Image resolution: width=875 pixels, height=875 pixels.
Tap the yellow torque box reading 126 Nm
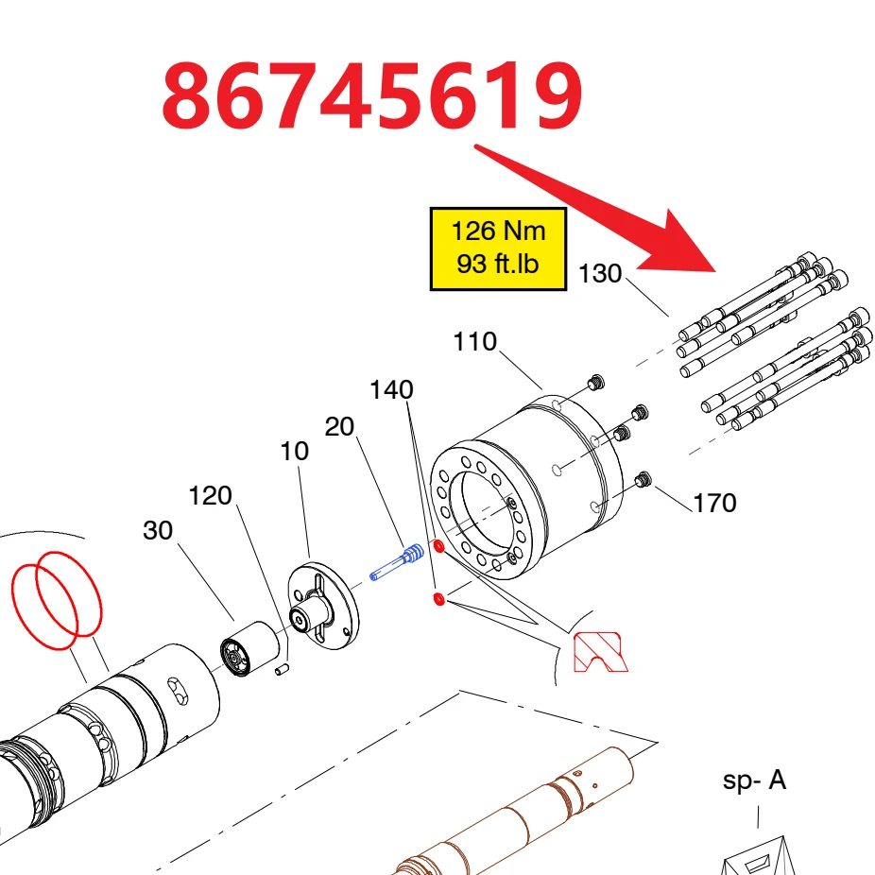pyautogui.click(x=498, y=249)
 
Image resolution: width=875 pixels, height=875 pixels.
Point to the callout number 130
pyautogui.click(x=600, y=273)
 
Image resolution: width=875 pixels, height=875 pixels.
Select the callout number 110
pyautogui.click(x=475, y=341)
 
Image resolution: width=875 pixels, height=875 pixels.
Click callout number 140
pyautogui.click(x=392, y=389)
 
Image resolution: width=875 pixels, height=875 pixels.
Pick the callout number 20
pyautogui.click(x=339, y=427)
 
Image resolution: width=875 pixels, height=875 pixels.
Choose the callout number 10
pyautogui.click(x=294, y=451)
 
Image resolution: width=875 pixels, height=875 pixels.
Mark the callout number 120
pyautogui.click(x=211, y=495)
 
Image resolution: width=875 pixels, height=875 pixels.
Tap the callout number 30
pyautogui.click(x=158, y=530)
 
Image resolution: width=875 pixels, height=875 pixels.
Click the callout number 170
pyautogui.click(x=715, y=504)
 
